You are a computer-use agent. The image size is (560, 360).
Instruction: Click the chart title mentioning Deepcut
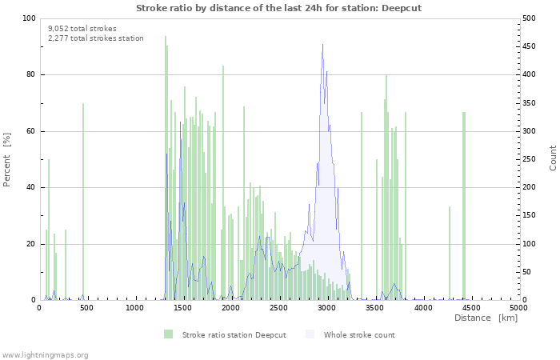[x=278, y=8]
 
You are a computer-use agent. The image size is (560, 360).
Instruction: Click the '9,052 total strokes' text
[x=82, y=28]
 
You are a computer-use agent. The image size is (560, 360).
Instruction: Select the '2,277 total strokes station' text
[x=95, y=38]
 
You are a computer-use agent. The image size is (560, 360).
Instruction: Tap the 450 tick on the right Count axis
[x=531, y=46]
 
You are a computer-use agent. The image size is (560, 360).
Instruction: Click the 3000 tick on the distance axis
[x=327, y=307]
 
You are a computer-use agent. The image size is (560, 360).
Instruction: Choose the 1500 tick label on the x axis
[x=183, y=307]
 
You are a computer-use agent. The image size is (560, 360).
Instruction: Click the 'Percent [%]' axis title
[x=7, y=159]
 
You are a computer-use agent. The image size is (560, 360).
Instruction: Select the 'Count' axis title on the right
[x=553, y=158]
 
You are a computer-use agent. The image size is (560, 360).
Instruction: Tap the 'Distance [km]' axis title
[x=486, y=318]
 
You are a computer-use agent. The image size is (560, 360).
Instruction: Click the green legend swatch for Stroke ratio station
[x=168, y=334]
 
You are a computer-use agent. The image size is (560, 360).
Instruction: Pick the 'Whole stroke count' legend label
[x=359, y=334]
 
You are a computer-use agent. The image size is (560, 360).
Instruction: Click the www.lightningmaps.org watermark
[x=45, y=354]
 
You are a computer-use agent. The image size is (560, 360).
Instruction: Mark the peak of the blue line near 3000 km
[x=322, y=45]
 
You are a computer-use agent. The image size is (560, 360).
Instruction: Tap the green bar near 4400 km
[x=463, y=206]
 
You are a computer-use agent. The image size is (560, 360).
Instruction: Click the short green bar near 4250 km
[x=450, y=253]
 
